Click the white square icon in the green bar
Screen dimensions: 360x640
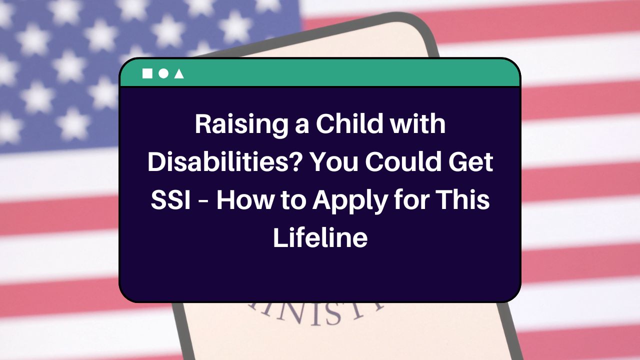147,73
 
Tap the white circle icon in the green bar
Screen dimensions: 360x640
163,73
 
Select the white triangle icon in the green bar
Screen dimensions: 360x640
178,73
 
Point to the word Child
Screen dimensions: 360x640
348,124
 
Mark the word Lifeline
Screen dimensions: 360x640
320,238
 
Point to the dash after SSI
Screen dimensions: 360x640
202,201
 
